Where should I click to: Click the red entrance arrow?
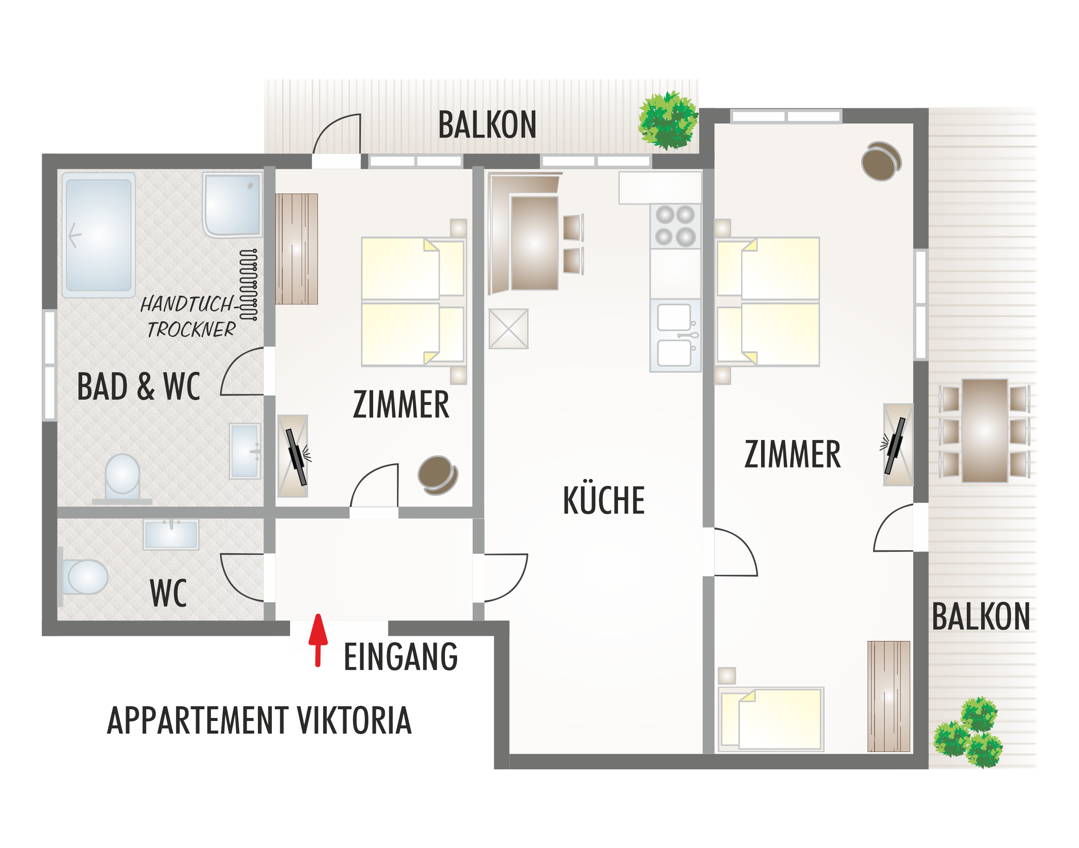pos(318,641)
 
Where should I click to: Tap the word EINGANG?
pos(400,657)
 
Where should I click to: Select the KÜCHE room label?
pos(603,500)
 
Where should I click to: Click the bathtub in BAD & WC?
pos(98,235)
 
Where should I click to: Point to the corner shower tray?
pos(232,204)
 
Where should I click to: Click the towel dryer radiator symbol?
pos(248,284)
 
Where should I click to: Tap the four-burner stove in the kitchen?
pos(675,226)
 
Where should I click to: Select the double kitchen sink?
pos(675,335)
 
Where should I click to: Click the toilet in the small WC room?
pos(84,577)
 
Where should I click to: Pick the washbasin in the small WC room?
pos(171,534)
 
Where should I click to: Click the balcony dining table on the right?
pos(985,431)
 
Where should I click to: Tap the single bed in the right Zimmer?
pos(771,718)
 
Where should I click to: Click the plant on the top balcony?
pos(668,120)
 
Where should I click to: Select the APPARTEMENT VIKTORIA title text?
pos(259,721)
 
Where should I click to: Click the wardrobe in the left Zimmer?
pos(297,249)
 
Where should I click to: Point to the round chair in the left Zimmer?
pos(437,474)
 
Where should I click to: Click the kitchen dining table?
pos(534,243)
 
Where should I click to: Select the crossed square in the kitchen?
pos(508,329)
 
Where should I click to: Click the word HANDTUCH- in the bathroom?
pos(187,304)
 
